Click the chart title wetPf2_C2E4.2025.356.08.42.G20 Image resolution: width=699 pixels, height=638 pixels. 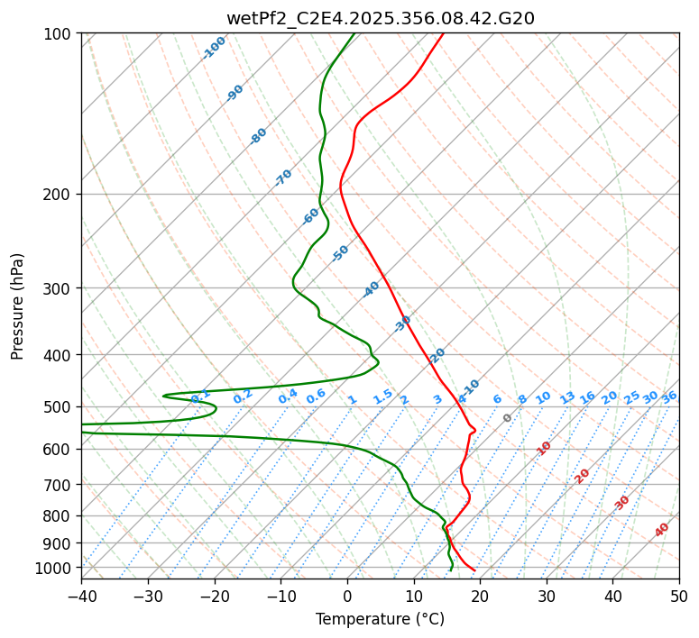tap(380, 18)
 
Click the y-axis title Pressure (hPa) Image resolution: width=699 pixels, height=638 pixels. tap(18, 306)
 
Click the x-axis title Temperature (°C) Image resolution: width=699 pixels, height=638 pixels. tap(380, 619)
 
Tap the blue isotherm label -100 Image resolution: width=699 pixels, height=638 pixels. tap(214, 48)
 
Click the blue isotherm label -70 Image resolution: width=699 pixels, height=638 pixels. tap(283, 178)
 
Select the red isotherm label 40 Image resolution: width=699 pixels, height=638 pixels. tap(662, 530)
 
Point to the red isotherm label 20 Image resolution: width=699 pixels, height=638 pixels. tap(583, 475)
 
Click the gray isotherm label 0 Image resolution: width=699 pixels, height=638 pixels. tap(508, 418)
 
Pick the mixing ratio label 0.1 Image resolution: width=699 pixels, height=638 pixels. tap(200, 395)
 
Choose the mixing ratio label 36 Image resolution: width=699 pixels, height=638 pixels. tap(669, 396)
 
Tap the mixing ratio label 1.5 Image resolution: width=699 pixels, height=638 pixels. tap(382, 396)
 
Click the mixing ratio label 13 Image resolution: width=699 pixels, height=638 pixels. tap(567, 397)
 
